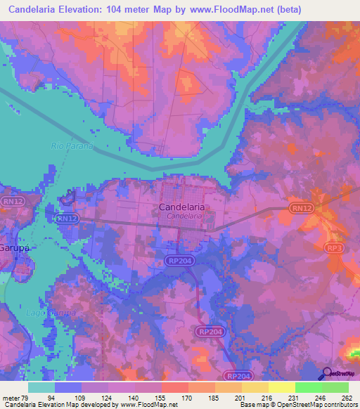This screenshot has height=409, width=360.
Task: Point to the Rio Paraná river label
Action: click(72, 146)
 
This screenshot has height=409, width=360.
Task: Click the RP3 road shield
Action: click(335, 248)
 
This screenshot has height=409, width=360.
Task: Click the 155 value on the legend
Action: click(161, 397)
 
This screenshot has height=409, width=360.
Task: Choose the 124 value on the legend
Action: click(108, 397)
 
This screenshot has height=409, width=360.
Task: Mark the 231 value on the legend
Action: click(294, 397)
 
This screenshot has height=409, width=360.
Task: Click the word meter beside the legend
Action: click(11, 397)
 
